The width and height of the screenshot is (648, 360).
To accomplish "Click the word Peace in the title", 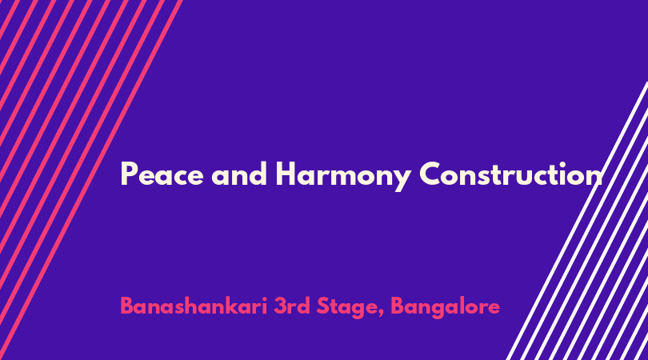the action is tap(162, 174).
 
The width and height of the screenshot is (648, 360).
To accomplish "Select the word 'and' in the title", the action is tap(239, 174).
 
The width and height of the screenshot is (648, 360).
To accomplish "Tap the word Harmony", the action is tap(343, 176).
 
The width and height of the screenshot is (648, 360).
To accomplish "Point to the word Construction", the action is tap(511, 174).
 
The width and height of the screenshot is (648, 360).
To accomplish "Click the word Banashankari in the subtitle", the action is tap(194, 306).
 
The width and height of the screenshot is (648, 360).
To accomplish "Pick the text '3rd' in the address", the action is tap(292, 306).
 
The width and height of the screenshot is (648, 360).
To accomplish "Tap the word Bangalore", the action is tap(445, 308).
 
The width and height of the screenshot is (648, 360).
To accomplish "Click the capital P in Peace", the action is tap(129, 174).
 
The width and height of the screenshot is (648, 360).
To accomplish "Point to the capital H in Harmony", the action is tap(286, 174).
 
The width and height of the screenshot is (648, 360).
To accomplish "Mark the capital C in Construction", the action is tap(430, 174).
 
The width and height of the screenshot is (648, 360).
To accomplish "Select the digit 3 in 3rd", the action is tap(280, 306).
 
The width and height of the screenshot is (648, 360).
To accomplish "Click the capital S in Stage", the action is tap(322, 306).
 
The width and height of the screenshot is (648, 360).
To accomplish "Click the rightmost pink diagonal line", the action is tap(91, 180).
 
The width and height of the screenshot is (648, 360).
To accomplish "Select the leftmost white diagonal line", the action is tap(578, 220).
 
